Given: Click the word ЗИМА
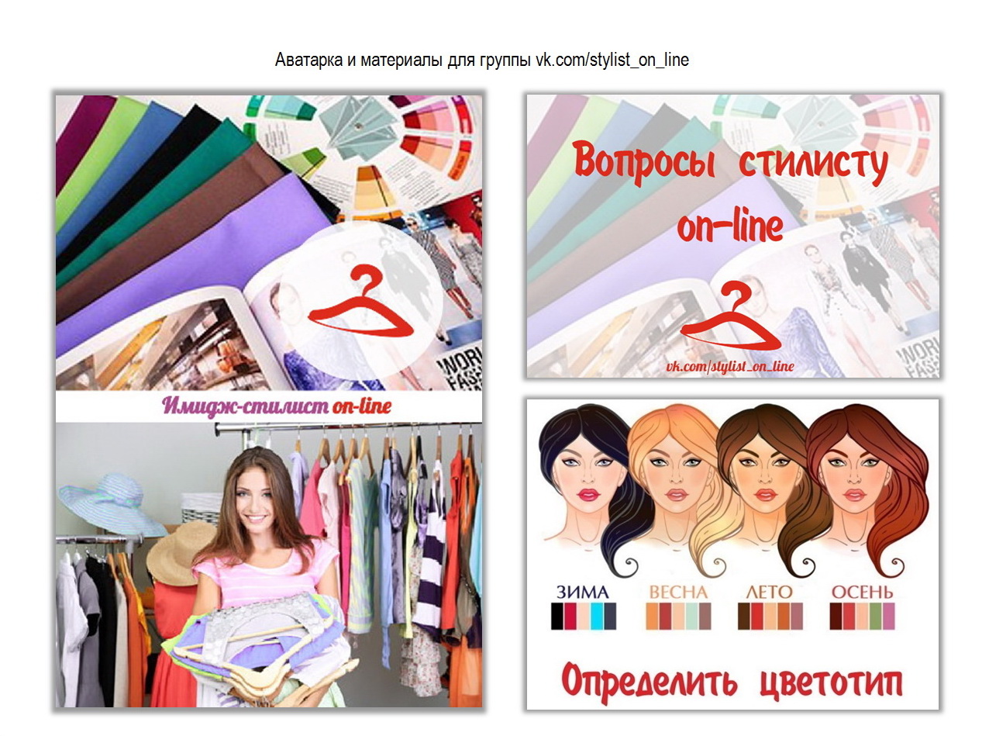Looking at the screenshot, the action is [582, 593].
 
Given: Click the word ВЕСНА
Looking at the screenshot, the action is [678, 593].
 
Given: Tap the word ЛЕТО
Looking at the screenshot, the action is [769, 593].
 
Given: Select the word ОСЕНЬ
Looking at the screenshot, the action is [862, 593].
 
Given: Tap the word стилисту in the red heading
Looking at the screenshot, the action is [813, 164].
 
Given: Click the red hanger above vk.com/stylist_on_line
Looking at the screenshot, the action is [730, 319].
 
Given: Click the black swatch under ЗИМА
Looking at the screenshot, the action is [557, 617].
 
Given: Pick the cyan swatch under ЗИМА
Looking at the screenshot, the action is [597, 617].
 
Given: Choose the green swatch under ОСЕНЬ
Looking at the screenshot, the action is [875, 617].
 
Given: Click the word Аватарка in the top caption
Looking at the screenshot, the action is [309, 60].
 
